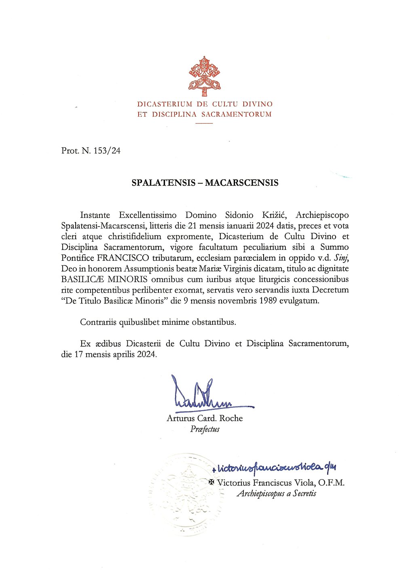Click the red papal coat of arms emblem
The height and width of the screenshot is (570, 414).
coord(204,76)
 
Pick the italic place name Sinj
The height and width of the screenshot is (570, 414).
coord(341,258)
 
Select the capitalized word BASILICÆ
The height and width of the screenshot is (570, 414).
coord(83,280)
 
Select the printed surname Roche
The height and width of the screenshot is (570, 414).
coord(231,418)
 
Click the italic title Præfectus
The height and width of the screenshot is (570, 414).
coord(205,429)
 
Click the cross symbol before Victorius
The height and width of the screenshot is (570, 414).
coord(211,482)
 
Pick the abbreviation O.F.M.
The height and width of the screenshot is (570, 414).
coord(331,483)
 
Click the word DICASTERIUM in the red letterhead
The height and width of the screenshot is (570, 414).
coord(165,104)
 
